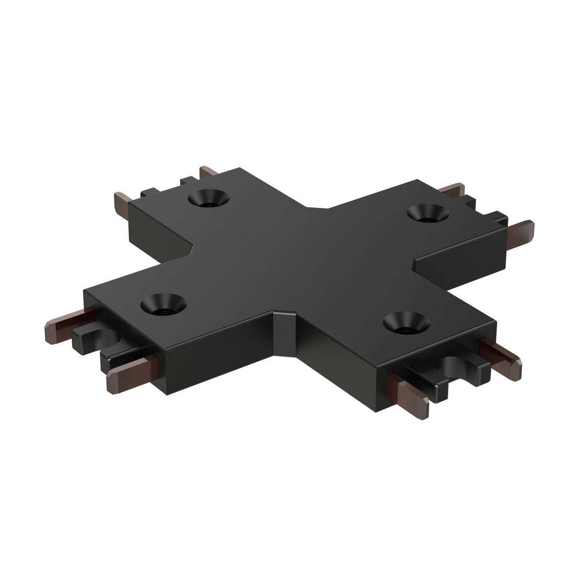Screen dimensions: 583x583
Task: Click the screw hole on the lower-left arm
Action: (164, 304)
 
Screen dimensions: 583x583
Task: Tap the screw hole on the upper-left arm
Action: (208, 198)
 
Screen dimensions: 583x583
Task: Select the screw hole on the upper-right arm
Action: (428, 213)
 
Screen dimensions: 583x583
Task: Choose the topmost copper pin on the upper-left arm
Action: (208, 173)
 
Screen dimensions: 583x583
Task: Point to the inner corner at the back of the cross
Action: (317, 206)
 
